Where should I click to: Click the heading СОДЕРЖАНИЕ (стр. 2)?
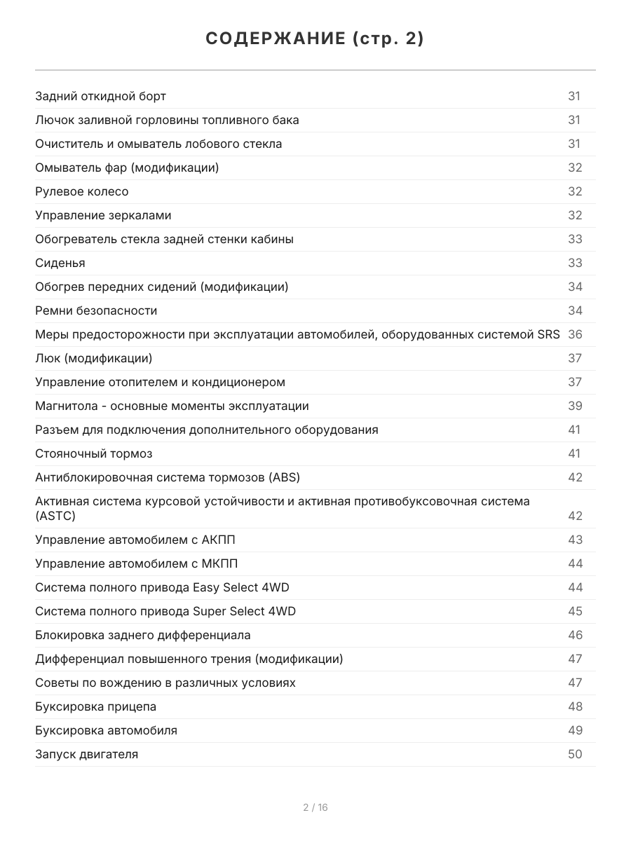point(315,39)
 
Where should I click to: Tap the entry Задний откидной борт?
point(100,96)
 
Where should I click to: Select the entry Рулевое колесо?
point(82,191)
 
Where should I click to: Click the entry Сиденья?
point(60,263)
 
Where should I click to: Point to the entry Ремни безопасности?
point(96,310)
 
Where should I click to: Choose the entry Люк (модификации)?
point(93,358)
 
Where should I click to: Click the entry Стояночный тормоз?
point(93,453)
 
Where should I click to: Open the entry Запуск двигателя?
point(86,754)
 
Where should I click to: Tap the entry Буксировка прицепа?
point(95,706)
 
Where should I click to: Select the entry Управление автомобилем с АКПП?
point(140,540)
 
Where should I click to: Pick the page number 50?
point(575,754)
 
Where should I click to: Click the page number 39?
point(575,406)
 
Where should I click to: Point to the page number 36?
point(575,334)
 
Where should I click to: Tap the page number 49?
point(575,730)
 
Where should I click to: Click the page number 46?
point(575,635)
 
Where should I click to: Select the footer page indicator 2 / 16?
point(315,807)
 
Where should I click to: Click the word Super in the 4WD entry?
point(209,611)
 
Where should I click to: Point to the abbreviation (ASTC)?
point(55,516)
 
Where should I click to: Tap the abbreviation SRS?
point(548,334)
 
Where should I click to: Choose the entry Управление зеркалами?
point(103,215)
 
